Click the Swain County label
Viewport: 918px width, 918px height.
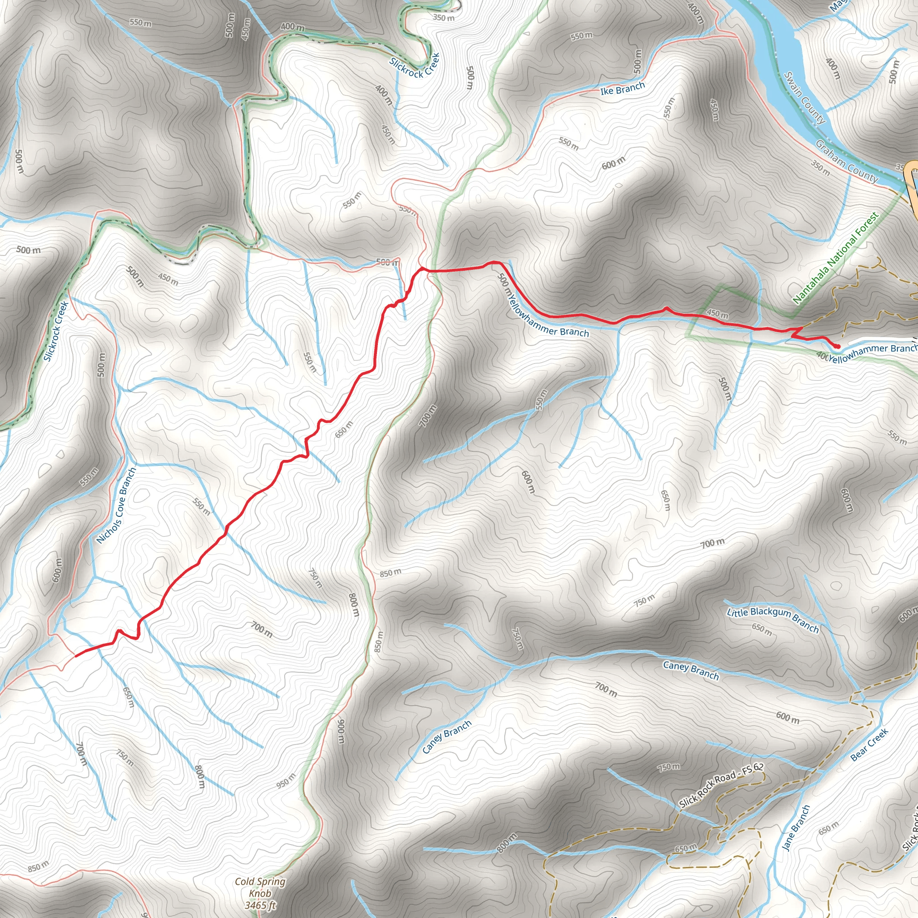[805, 97]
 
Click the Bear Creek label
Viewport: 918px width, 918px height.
[869, 744]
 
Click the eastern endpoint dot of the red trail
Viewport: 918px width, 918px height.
[837, 346]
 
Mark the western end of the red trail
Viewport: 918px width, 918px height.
[76, 656]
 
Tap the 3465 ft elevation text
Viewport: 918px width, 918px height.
[260, 905]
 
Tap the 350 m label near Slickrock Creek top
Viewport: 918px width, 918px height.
[443, 18]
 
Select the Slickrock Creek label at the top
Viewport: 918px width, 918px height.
[415, 65]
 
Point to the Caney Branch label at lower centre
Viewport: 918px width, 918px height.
[446, 736]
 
